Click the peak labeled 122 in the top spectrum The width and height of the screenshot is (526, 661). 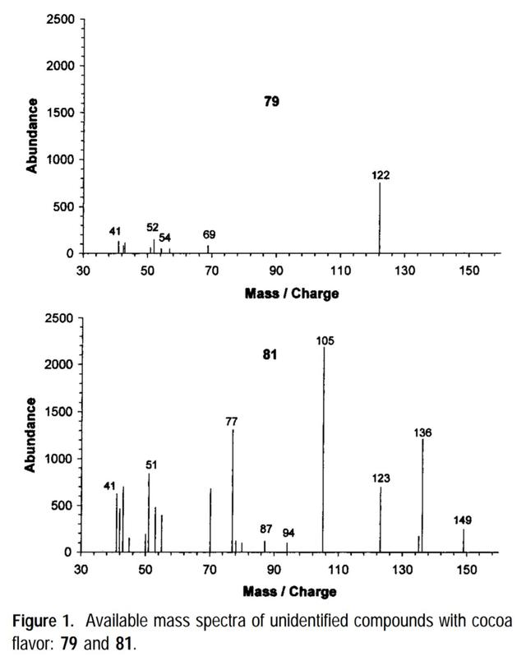point(380,218)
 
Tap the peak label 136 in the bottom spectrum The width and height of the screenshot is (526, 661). point(423,432)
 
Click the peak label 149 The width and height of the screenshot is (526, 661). point(463,520)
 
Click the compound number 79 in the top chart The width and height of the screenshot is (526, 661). point(271,102)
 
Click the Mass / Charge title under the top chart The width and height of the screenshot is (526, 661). point(291,292)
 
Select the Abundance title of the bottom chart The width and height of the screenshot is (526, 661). point(32,434)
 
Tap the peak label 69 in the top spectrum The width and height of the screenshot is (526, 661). point(209,235)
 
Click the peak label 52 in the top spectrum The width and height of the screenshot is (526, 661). point(153,228)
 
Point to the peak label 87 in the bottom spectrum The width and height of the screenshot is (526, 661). point(265,529)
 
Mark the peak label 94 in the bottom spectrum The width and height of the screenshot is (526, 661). point(288,533)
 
